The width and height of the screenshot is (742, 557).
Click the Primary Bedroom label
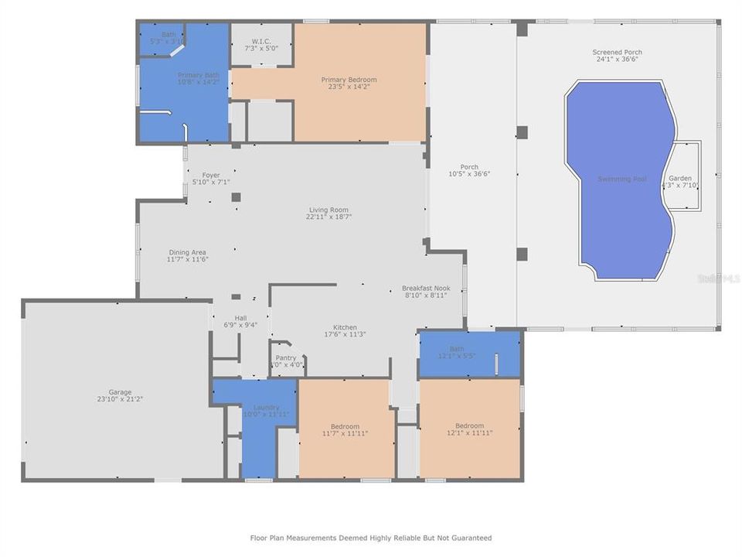point(349,80)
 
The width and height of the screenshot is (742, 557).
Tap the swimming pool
point(621,179)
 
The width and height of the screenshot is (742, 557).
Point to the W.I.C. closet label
point(260,42)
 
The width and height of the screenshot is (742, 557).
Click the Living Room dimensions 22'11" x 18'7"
point(328,217)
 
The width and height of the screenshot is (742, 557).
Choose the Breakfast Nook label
point(431,288)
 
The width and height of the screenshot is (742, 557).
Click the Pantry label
point(286,357)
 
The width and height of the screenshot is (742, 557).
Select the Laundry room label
point(266,408)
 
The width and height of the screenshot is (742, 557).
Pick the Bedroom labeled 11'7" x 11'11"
point(345,426)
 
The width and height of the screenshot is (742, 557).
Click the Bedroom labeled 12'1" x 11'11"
point(469,425)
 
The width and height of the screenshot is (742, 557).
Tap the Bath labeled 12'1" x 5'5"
point(457,349)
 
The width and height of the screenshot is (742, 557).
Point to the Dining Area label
point(188,252)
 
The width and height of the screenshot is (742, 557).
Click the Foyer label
point(211,175)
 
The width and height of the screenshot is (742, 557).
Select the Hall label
point(240,318)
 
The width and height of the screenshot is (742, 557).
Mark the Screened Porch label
point(618,53)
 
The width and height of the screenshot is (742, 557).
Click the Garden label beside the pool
point(680,178)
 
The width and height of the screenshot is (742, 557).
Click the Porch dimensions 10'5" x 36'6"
point(468,174)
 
